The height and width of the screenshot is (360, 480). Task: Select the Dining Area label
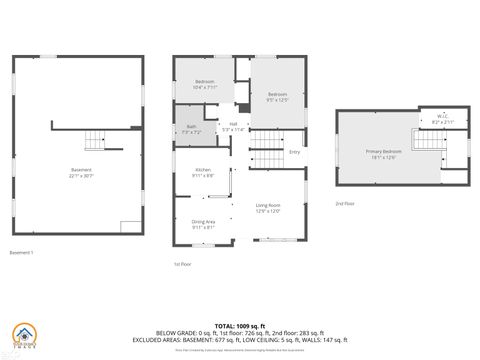click(204, 225)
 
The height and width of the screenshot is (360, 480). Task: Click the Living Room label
click(267, 206)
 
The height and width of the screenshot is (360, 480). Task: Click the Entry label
click(295, 152)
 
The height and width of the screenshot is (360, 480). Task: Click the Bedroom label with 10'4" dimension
click(205, 85)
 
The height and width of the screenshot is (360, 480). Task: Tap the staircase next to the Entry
click(265, 158)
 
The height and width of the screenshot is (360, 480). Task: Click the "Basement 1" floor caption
click(21, 252)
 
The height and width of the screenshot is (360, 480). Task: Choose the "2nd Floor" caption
click(344, 203)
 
